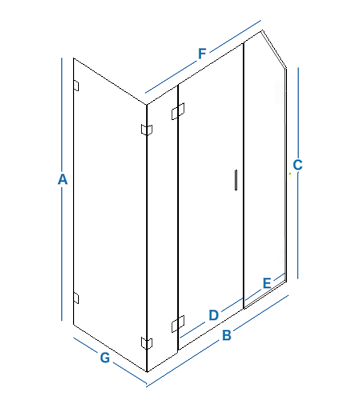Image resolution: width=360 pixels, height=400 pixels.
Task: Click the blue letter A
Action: click(62, 179)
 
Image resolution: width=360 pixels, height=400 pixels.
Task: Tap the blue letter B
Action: click(227, 335)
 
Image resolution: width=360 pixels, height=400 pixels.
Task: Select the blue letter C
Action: click(298, 165)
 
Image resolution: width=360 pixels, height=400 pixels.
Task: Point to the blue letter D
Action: click(214, 315)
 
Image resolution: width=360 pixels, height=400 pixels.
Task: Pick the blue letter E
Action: click(267, 283)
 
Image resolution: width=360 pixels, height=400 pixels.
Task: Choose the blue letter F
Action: click(202, 53)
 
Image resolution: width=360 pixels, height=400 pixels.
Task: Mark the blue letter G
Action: click(105, 357)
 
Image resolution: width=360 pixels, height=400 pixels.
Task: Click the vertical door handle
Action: click(236, 180)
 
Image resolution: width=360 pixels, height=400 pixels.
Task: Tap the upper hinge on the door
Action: click(178, 111)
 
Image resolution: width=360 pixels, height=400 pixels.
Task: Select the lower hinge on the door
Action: click(178, 324)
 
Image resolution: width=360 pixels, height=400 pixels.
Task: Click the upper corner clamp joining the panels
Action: click(147, 130)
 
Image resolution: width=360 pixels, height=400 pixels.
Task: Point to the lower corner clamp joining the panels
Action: click(147, 343)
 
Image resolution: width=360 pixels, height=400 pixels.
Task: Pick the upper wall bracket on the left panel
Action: click(76, 86)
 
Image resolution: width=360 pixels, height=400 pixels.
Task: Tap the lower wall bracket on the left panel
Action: click(76, 298)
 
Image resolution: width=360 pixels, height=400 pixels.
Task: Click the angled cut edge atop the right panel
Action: click(274, 49)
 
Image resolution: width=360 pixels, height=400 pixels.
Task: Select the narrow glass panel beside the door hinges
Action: click(163, 228)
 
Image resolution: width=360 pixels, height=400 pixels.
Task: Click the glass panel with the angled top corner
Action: click(265, 169)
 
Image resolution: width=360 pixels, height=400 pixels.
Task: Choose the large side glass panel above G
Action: click(110, 215)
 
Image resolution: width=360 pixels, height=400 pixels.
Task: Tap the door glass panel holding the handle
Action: click(211, 197)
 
